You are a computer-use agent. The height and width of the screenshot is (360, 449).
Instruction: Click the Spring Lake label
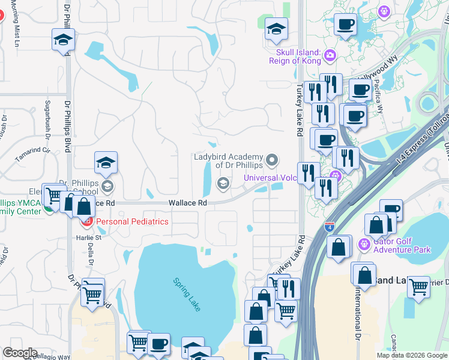(x=187, y=293)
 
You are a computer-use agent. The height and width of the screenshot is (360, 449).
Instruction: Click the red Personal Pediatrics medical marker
(x=86, y=222)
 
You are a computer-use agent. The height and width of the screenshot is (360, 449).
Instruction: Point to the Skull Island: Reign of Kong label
(x=295, y=56)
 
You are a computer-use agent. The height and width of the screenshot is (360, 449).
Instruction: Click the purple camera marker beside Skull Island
(x=330, y=57)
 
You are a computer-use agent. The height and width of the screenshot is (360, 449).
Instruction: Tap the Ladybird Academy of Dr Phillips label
(x=228, y=161)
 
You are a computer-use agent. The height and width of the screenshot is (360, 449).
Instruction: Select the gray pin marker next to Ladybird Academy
(x=273, y=160)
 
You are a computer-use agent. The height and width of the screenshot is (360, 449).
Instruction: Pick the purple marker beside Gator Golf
(x=363, y=244)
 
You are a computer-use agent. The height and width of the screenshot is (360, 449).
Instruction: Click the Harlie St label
(x=89, y=238)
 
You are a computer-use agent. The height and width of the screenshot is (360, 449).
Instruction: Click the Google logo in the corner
(x=20, y=353)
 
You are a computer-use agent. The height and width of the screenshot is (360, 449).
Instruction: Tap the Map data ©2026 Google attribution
(x=412, y=355)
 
